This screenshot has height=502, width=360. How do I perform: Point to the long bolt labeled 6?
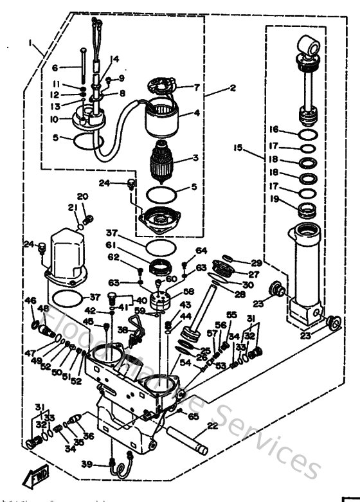84,67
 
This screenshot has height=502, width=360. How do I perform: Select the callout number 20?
82,196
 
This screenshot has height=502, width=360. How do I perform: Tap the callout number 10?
54,120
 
